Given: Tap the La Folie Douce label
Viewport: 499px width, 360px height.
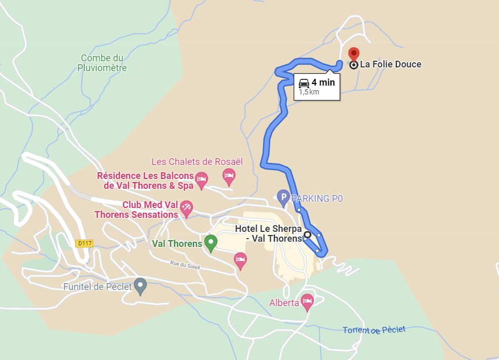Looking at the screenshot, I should point(391,64).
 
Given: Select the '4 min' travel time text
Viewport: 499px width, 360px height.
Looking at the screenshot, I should point(323,82).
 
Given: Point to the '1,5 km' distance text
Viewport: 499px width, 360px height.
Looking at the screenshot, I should point(309,92).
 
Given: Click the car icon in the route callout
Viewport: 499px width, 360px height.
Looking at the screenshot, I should point(304,82).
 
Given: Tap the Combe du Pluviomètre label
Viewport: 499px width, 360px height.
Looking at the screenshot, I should point(102,63).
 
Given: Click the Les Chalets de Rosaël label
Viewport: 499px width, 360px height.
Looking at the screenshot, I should point(197,162).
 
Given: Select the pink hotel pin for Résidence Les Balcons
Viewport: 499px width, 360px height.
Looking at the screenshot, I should point(201,179).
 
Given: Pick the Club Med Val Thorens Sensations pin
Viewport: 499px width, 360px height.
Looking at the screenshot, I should point(186,209).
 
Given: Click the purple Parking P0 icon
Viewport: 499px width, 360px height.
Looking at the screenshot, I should point(283,197).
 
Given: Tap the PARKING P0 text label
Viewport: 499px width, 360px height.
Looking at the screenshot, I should point(317,198).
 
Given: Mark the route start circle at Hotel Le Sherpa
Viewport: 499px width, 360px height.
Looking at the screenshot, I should point(307,234).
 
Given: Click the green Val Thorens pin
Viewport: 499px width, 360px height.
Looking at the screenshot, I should point(211,242).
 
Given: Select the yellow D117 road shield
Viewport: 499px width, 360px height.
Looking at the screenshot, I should point(84,243).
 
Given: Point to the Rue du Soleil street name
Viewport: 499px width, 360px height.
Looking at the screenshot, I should point(185,264).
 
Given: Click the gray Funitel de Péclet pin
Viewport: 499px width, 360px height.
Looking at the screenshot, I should point(140,285).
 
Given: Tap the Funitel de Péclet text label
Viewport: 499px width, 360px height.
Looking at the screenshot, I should point(98,287).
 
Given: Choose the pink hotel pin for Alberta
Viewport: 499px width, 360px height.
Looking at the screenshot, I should point(307,301).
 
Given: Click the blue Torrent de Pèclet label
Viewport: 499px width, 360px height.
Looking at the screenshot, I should point(374,330).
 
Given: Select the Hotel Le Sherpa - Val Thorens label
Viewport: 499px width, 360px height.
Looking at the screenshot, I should point(268,233).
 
